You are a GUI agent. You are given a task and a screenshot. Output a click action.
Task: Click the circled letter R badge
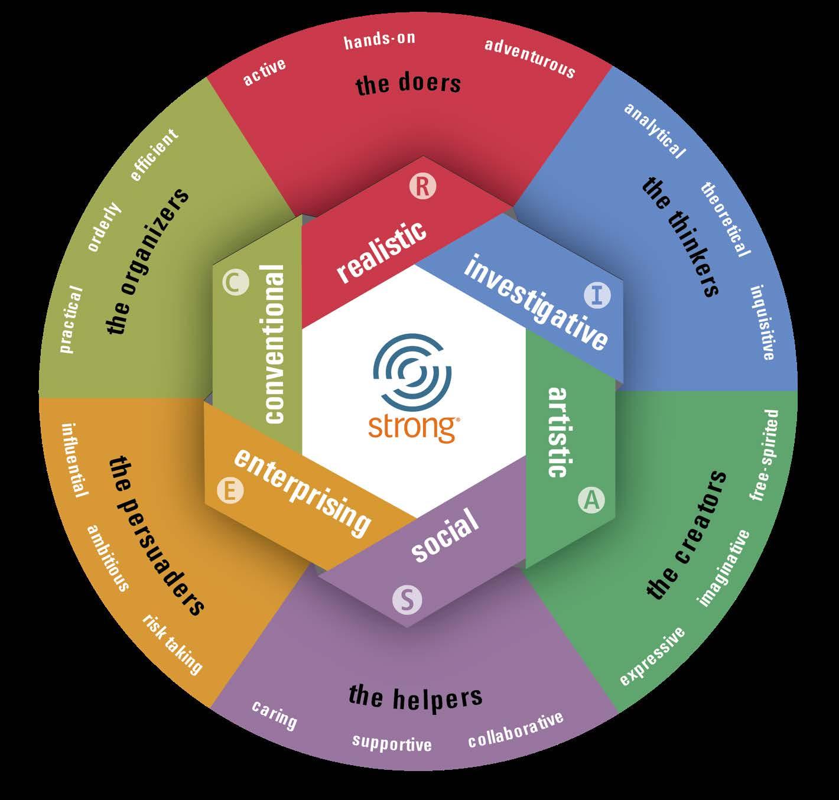[x=422, y=187]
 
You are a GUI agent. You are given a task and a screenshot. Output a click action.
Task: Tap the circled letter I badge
[x=597, y=294]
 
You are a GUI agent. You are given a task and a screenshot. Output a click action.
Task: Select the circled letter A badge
[x=591, y=500]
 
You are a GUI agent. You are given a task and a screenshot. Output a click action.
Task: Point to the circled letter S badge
[x=408, y=600]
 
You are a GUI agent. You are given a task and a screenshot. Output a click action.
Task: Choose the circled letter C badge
[x=235, y=283]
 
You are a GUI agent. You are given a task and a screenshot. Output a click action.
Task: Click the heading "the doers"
[x=408, y=84]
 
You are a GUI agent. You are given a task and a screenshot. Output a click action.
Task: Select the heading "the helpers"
[x=415, y=697]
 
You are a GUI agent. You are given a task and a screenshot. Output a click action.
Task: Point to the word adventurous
[x=530, y=58]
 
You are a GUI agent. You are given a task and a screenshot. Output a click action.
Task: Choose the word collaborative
[x=515, y=730]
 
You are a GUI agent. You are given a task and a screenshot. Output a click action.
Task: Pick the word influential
[x=75, y=460]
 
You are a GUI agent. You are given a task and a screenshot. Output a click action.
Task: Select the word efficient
[x=154, y=155]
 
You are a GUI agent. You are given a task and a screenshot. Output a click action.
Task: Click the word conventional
[x=275, y=344]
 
